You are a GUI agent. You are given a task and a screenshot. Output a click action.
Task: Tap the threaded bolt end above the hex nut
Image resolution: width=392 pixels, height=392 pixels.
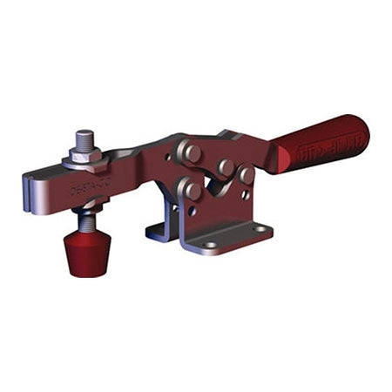(x=84, y=140)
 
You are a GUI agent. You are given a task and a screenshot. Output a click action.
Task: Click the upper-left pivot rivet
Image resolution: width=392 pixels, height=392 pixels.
(x=191, y=152)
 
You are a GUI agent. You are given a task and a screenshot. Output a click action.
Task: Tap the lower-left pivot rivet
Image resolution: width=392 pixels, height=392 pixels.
(x=191, y=189)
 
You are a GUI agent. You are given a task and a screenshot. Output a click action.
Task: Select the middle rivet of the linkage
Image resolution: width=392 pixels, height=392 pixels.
(x=226, y=166)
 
